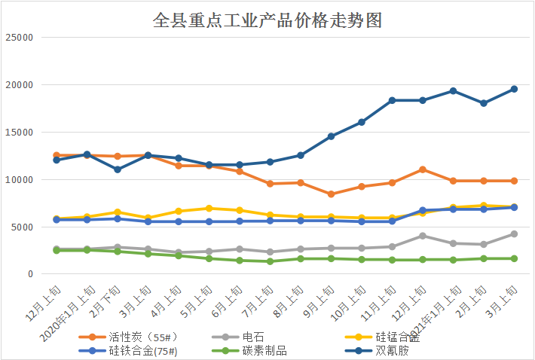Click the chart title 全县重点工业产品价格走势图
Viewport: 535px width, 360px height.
click(267, 20)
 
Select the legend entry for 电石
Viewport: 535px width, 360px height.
click(254, 337)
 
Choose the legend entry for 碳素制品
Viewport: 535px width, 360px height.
click(264, 350)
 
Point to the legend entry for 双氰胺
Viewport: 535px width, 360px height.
click(391, 350)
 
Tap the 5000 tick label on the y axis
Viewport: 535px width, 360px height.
click(22, 227)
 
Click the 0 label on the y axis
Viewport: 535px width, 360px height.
click(30, 274)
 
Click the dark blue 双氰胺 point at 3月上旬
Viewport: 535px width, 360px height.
click(514, 89)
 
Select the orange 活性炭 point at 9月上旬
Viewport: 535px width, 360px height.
click(331, 194)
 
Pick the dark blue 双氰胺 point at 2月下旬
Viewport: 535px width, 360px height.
click(118, 169)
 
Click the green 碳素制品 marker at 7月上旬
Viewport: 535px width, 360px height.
click(270, 261)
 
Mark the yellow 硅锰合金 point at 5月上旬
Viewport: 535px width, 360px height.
click(209, 208)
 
